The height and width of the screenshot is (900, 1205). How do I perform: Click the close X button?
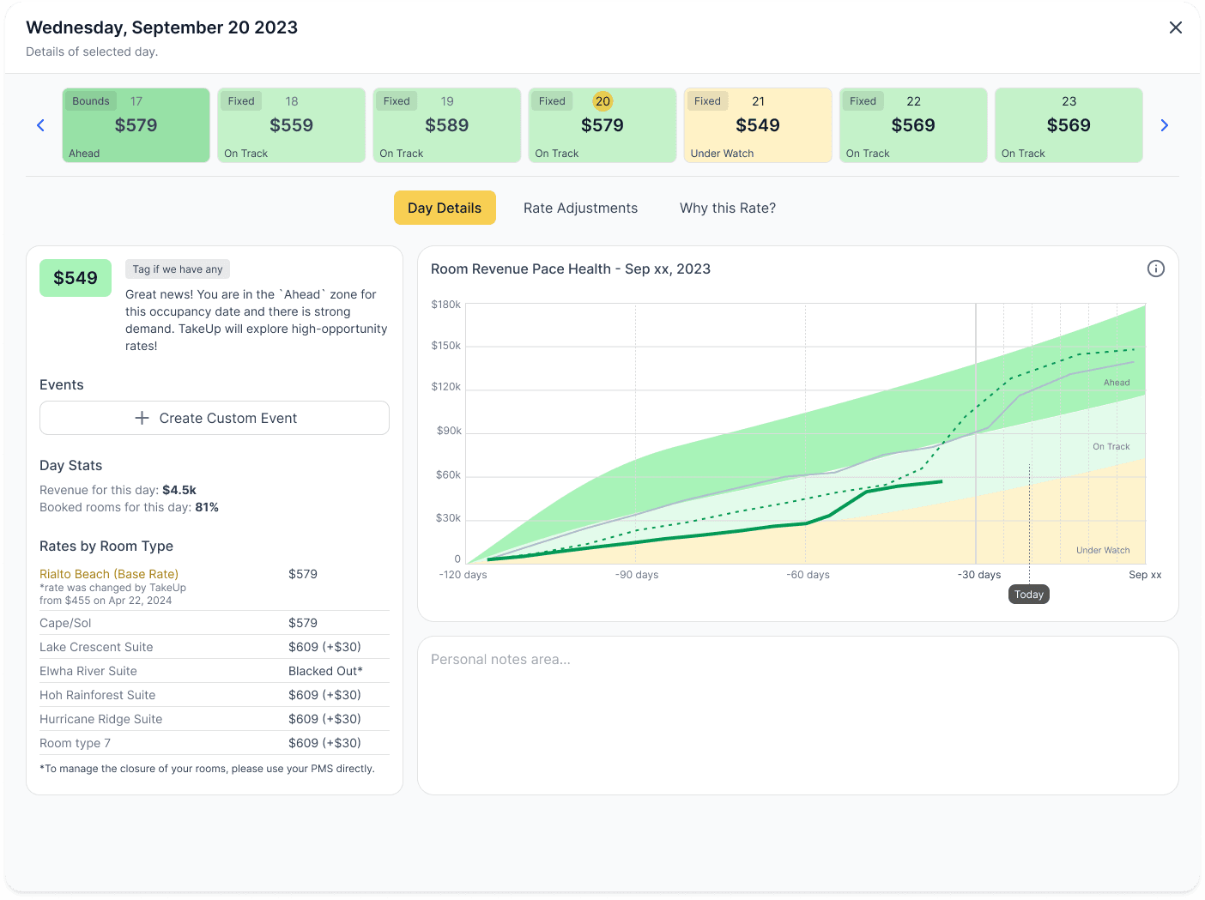(x=1175, y=27)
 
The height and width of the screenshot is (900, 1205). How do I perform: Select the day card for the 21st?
(x=758, y=125)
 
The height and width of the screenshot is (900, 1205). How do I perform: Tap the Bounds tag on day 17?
(x=91, y=101)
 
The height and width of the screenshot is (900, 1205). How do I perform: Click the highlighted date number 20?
(x=602, y=101)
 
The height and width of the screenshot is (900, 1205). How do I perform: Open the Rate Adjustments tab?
(x=580, y=208)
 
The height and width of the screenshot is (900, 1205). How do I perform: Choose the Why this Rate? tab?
(x=727, y=208)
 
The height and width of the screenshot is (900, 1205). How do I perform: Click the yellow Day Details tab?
(x=445, y=208)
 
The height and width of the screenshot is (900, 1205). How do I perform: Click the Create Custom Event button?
(x=215, y=418)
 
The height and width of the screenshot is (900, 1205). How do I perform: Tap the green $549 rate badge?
(x=76, y=278)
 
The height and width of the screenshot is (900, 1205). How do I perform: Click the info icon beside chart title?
(x=1155, y=269)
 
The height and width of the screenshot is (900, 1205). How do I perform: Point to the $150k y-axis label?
(x=445, y=346)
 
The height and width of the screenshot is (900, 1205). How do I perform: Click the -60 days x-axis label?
(x=808, y=575)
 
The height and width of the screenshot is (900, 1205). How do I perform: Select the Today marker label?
(x=1028, y=595)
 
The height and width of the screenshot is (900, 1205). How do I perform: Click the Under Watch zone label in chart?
(x=1102, y=551)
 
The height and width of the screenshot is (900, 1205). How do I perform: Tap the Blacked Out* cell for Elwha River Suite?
(x=325, y=671)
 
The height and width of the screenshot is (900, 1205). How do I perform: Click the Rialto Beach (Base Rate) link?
(x=109, y=574)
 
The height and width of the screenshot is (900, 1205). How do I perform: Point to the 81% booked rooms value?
(x=207, y=507)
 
